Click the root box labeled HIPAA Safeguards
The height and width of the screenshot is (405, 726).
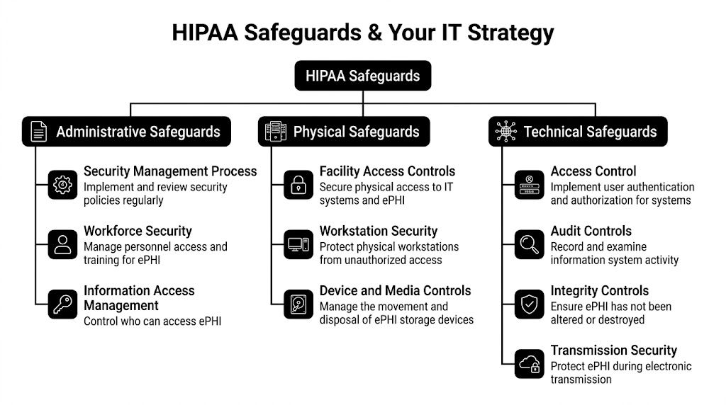tap(362, 76)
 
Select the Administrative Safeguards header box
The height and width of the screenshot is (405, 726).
tap(126, 132)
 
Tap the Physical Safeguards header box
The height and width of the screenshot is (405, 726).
tap(343, 132)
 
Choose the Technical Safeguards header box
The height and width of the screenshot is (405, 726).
tap(578, 132)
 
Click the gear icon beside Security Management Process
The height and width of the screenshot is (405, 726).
tap(63, 185)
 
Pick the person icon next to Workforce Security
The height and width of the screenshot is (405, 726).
tap(63, 244)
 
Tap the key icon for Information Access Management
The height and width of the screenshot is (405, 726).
tap(63, 304)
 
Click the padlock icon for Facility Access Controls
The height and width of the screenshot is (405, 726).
tap(298, 185)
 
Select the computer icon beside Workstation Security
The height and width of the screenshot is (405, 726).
tap(298, 244)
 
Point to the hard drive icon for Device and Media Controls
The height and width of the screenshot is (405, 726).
tap(298, 304)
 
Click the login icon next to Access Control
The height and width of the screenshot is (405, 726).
tap(529, 185)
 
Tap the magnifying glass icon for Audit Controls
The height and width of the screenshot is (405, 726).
tap(529, 244)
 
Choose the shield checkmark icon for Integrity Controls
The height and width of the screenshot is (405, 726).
tap(529, 304)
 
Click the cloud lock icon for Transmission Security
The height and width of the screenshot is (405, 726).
tap(529, 363)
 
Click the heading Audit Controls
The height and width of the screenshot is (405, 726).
tap(591, 231)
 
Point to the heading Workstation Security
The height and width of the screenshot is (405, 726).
tap(378, 231)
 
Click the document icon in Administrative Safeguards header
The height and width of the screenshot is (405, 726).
tap(39, 132)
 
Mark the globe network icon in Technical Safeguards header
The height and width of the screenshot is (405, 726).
tap(506, 132)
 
